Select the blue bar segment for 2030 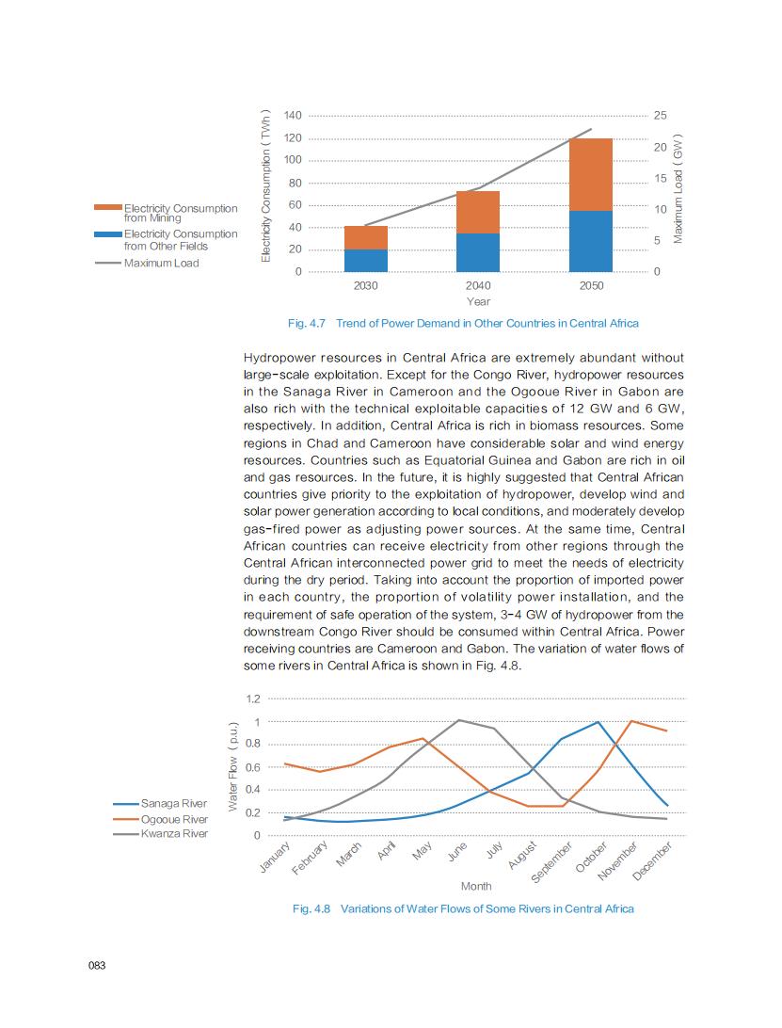(365, 261)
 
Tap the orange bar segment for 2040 (478, 212)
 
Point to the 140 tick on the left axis (293, 116)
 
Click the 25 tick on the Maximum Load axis (661, 116)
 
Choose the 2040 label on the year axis (478, 285)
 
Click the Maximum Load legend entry (161, 263)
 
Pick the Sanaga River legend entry (173, 804)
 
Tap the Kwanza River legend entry (173, 833)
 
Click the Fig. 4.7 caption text (463, 323)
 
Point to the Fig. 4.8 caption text (463, 908)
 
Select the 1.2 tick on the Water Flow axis (253, 699)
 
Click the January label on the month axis (274, 859)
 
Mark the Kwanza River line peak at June (458, 720)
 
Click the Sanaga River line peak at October (598, 722)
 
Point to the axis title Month (476, 886)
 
